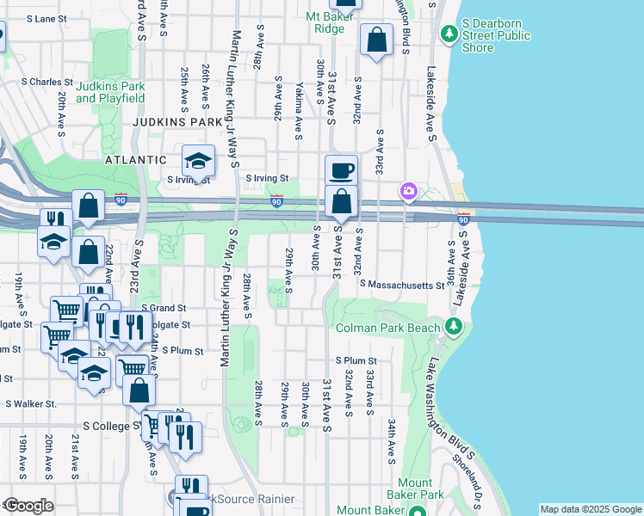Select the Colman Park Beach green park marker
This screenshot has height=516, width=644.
point(455,327)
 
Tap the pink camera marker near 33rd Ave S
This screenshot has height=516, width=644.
point(407,191)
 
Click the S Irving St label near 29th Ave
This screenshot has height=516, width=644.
point(266,179)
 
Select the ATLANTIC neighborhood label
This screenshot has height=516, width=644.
point(134,160)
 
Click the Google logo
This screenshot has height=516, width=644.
point(28,506)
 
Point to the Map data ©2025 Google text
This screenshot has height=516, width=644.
point(590,509)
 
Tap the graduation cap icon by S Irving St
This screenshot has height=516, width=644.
point(198,161)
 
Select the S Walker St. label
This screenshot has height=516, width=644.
point(31,403)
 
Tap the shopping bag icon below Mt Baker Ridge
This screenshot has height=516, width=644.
point(376,40)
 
